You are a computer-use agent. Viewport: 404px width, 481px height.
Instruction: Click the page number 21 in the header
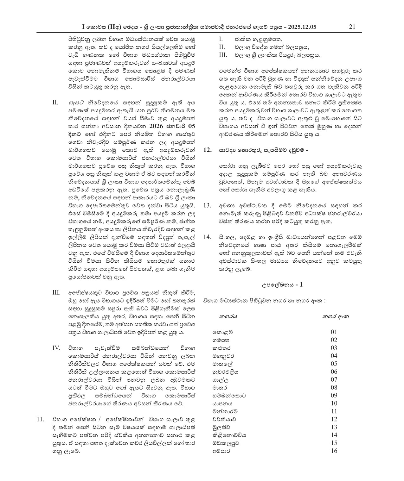click(x=352, y=27)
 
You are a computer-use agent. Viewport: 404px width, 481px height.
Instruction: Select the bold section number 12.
click(x=207, y=151)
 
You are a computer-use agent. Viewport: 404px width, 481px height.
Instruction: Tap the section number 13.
click(x=207, y=205)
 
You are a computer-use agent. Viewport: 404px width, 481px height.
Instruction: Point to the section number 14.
click(x=207, y=237)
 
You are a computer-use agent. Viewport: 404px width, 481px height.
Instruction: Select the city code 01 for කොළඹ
click(x=334, y=332)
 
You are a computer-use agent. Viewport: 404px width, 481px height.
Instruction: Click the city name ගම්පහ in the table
click(x=221, y=340)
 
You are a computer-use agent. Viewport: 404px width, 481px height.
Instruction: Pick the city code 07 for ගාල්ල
click(x=334, y=379)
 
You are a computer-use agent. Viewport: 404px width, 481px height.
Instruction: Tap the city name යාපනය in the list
click(x=222, y=403)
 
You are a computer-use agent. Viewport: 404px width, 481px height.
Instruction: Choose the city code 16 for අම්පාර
click(x=334, y=451)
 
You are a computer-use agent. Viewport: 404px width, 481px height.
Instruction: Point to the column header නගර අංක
click(x=335, y=316)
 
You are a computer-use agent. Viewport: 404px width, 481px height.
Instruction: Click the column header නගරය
click(x=228, y=316)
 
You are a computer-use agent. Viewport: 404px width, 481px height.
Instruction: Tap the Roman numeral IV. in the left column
click(x=56, y=348)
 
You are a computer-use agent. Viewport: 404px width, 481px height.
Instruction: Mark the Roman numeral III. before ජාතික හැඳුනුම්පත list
click(x=223, y=55)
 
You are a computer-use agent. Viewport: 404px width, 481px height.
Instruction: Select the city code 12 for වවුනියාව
click(x=334, y=419)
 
